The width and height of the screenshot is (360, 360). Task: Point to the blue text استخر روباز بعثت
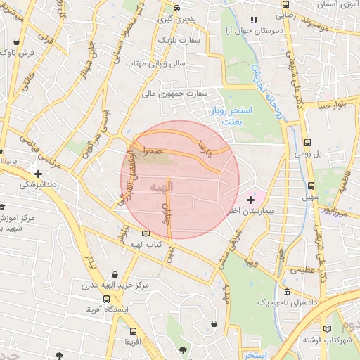coord(225,116)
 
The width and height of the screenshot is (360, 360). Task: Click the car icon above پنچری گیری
coord(176,8)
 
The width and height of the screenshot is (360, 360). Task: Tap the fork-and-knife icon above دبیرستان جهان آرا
coord(255,20)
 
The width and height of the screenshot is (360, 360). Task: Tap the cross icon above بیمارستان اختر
coord(250,200)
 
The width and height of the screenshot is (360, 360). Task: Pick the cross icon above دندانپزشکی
coord(38,173)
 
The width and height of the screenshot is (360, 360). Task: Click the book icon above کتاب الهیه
coord(146,233)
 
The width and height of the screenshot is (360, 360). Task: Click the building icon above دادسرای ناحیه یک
coord(287,292)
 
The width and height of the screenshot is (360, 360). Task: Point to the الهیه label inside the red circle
coord(160,186)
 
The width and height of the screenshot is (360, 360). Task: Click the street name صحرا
coord(154,150)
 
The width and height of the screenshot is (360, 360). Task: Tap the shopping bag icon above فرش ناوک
coord(15,41)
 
